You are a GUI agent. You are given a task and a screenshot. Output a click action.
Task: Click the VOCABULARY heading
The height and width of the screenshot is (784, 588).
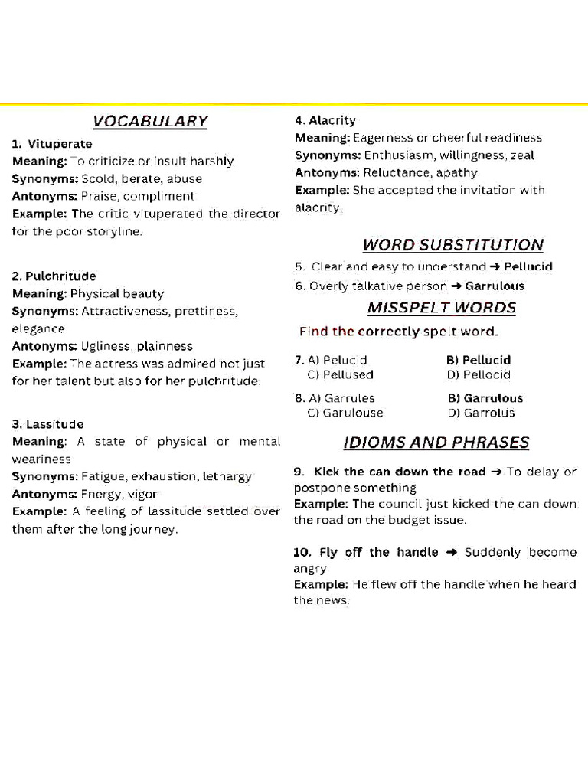(x=150, y=121)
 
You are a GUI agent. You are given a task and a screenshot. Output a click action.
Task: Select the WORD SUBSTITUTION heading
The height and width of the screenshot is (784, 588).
(x=452, y=245)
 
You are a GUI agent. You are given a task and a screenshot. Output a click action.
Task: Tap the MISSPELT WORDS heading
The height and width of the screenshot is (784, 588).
(x=441, y=308)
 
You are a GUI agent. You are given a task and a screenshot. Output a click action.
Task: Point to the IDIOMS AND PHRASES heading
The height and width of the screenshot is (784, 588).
(x=436, y=443)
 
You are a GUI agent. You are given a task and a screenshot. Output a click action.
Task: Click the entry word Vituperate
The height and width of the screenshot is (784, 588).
(x=59, y=144)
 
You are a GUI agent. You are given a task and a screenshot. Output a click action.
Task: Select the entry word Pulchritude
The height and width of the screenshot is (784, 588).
(x=60, y=276)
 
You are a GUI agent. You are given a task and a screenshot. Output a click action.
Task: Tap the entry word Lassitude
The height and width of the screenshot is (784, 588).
(x=54, y=424)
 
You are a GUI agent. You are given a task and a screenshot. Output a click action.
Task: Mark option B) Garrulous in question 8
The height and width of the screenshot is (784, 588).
(x=485, y=398)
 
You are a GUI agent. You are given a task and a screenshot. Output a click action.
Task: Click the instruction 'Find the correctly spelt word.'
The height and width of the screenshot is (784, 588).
(x=398, y=332)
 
